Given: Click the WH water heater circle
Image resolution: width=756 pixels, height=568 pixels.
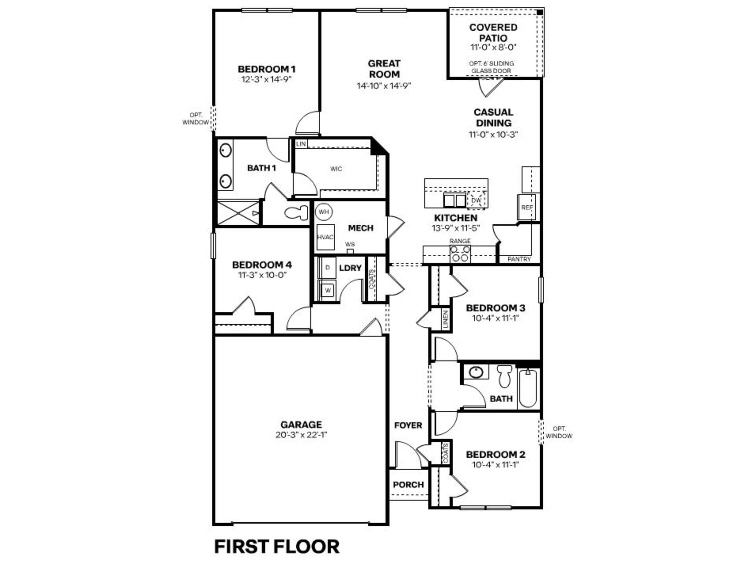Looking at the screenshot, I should coord(323,212).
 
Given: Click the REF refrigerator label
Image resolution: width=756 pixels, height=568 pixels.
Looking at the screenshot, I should coord(527,207).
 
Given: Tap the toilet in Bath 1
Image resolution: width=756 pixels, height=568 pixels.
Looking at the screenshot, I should coord(296,213).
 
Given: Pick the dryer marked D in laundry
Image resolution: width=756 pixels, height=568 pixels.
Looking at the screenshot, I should coord(327,267).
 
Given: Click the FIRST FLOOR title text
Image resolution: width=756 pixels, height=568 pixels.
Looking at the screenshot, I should coord(277,547).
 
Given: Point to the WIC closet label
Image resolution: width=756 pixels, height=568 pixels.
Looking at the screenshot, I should coord(336,169).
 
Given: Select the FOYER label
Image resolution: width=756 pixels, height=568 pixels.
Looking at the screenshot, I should coord(408,426).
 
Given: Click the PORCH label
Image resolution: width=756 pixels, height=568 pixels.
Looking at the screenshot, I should coord(408,485).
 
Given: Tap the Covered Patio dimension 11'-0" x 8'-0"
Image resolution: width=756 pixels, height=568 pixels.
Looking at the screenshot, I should coord(493,48).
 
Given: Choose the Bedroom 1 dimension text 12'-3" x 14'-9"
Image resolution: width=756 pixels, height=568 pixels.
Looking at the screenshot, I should coord(267,80).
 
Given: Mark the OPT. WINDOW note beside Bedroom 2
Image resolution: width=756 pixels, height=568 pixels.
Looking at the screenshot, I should coord(559,432).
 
